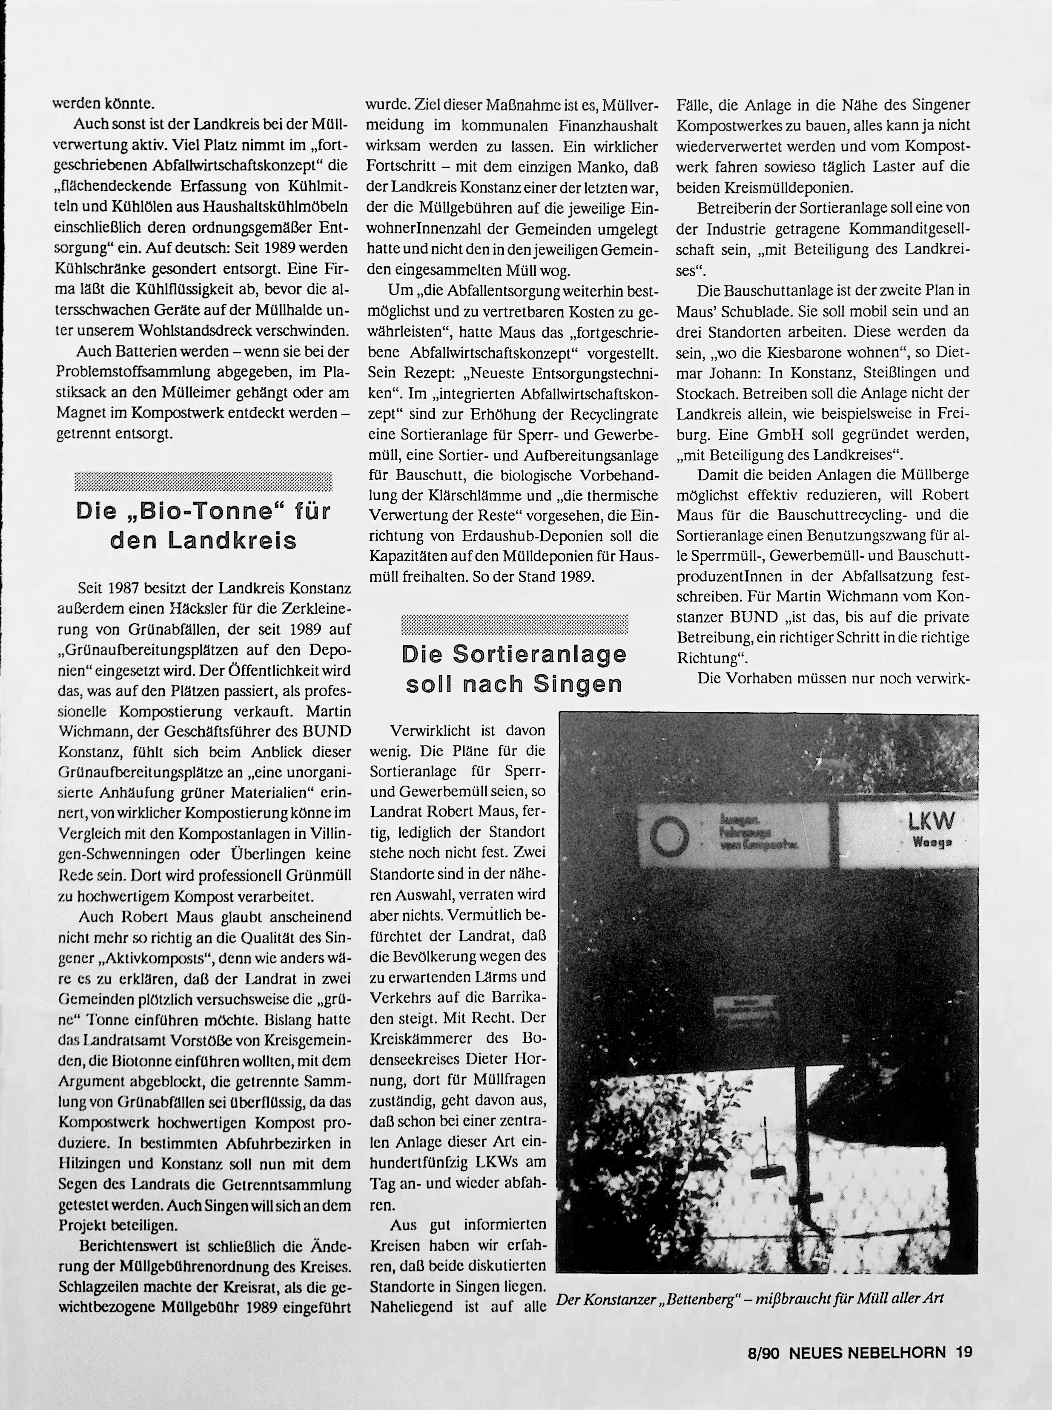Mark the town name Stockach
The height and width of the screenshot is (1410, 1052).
coord(707,394)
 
